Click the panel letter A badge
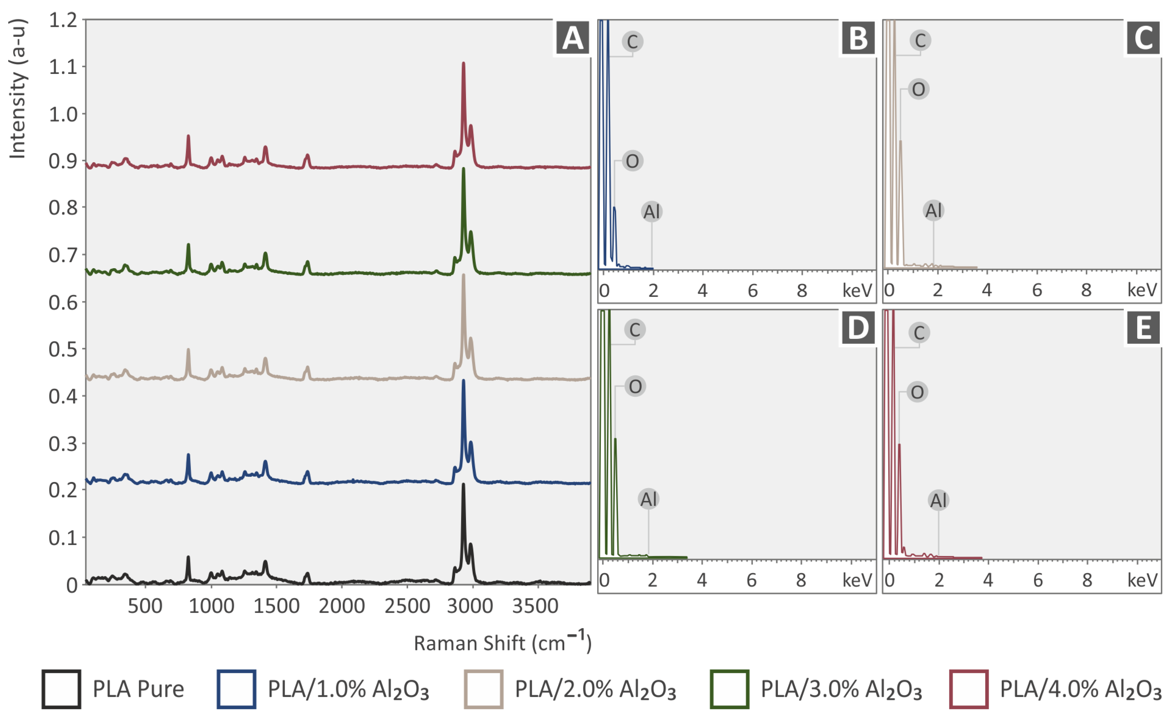pos(572,38)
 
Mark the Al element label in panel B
pos(652,211)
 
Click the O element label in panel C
pos(918,89)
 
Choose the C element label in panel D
pos(634,330)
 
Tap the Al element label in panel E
pos(938,500)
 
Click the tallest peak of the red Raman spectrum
pos(463,64)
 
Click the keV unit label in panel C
pos(1142,290)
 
